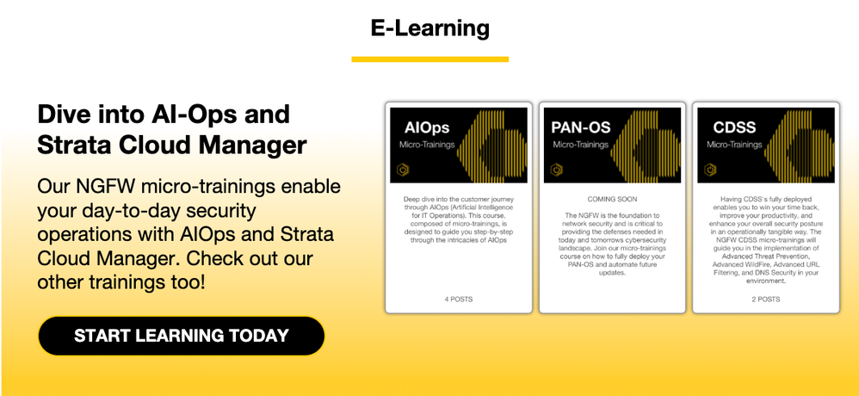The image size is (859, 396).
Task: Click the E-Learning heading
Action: (429, 28)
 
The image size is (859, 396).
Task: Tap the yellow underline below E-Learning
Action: (430, 59)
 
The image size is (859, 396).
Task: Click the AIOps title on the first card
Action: (427, 127)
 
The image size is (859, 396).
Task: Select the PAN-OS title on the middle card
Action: (581, 127)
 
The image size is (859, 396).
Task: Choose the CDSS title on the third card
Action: (734, 127)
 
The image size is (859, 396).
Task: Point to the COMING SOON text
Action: (612, 200)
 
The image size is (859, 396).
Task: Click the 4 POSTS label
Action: (459, 299)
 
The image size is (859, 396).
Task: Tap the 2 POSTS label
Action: (766, 299)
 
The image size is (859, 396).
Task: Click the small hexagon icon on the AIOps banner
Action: (403, 170)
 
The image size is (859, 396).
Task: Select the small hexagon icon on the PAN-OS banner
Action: (557, 170)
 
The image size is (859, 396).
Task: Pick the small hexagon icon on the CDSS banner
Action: (710, 170)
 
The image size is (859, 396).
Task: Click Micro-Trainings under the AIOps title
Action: (427, 145)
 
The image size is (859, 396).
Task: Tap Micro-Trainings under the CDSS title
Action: (734, 145)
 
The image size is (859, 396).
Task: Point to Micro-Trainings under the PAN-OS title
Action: (581, 145)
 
